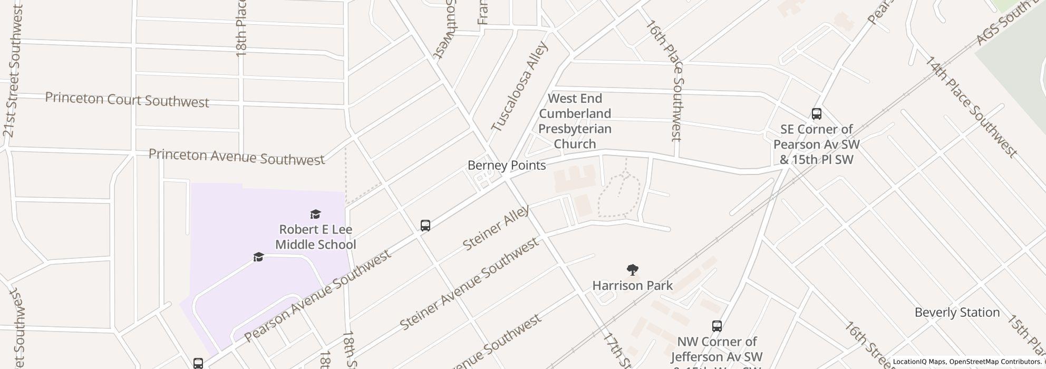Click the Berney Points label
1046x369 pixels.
(506, 166)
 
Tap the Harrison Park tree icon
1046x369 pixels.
(632, 270)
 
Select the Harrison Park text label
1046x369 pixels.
(632, 286)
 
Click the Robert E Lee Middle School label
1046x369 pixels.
(315, 237)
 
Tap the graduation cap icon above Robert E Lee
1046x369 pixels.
(315, 214)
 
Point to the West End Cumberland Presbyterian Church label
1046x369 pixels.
(575, 121)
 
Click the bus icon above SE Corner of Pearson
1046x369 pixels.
(816, 113)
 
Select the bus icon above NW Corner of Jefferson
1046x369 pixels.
(716, 326)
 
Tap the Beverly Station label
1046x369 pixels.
(957, 313)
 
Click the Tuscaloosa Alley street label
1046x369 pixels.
(519, 87)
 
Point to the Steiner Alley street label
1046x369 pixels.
(496, 228)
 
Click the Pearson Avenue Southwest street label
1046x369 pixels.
(317, 295)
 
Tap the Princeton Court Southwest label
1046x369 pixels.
(127, 100)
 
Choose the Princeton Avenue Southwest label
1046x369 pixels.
(236, 157)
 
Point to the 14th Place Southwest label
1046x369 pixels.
(970, 106)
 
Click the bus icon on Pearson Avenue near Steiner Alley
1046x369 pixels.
(425, 226)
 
